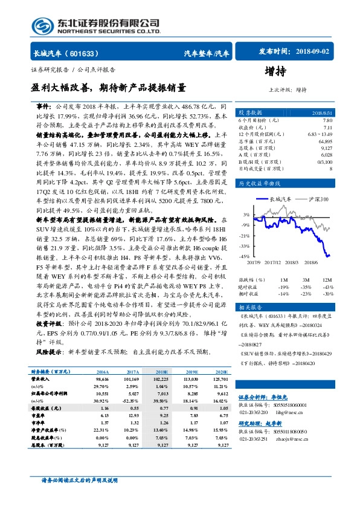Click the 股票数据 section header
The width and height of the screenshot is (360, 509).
250,113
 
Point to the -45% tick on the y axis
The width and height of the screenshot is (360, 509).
245,256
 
